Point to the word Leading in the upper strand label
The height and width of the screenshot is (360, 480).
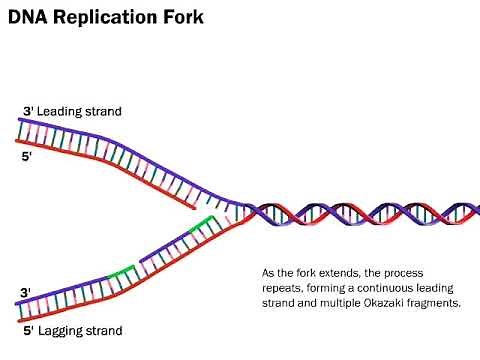(x=60, y=111)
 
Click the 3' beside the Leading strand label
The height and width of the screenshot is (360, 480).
(x=27, y=111)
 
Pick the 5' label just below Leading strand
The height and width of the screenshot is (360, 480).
(x=27, y=157)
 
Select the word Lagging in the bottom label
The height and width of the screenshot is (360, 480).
(x=61, y=330)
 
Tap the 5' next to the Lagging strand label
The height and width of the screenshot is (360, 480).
(x=27, y=330)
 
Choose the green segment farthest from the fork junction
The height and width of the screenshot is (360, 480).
(x=122, y=270)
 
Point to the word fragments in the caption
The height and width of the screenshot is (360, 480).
(x=435, y=303)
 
